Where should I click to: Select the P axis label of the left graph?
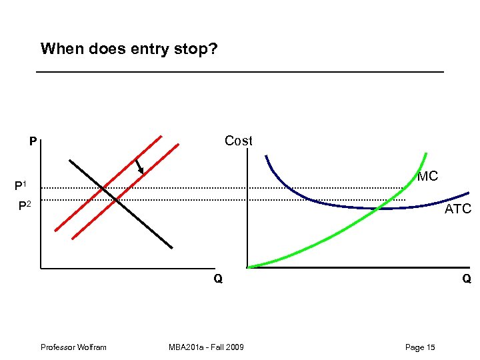click(x=32, y=142)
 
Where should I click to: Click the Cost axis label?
click(x=238, y=141)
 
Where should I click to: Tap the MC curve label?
click(x=427, y=177)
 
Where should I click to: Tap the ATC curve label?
click(x=457, y=209)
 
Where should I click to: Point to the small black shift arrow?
click(x=139, y=166)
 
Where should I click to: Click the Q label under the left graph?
click(x=218, y=279)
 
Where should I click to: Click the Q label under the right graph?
click(x=466, y=279)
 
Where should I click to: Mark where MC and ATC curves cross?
click(x=377, y=208)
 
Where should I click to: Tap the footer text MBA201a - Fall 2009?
click(x=206, y=347)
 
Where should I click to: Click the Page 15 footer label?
click(x=420, y=347)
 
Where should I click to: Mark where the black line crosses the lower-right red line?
click(x=116, y=199)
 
